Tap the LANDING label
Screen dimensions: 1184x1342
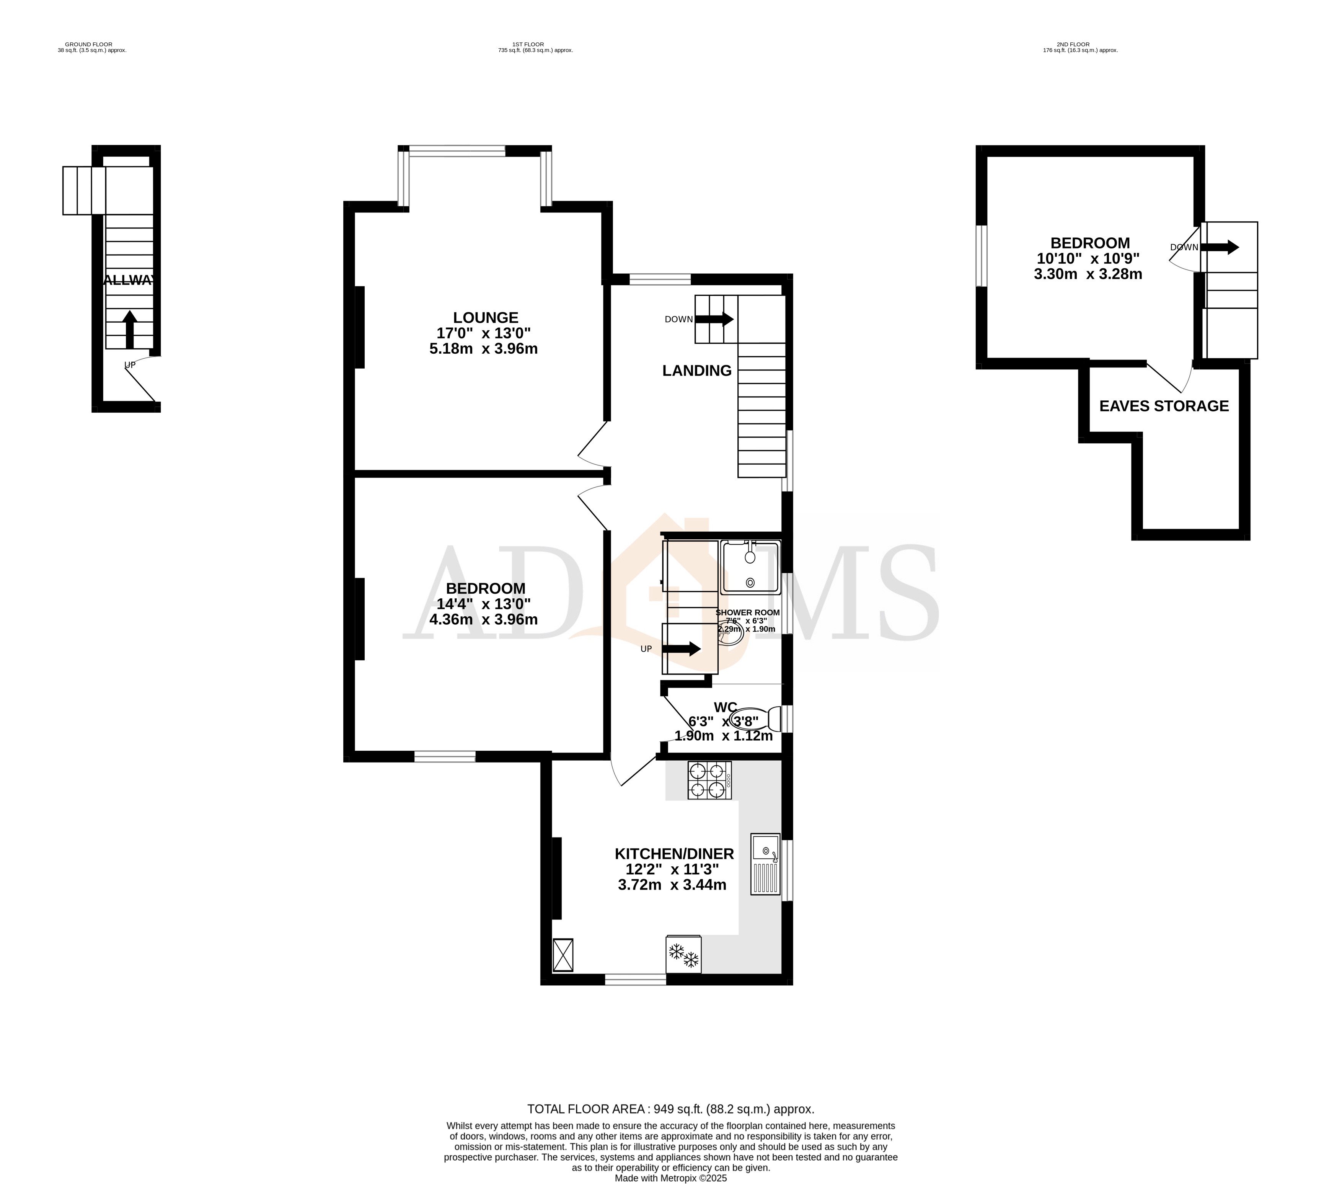click(696, 371)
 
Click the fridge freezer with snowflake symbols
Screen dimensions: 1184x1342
click(683, 955)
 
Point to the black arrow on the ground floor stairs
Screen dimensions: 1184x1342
click(130, 329)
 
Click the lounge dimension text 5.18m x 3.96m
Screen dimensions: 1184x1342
click(483, 349)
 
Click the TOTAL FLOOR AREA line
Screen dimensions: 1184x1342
click(670, 1109)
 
